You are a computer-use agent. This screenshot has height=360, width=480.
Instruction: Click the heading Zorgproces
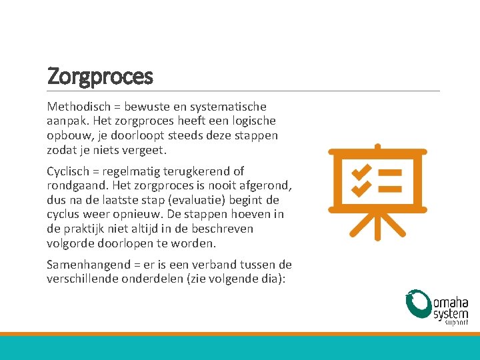click(x=100, y=76)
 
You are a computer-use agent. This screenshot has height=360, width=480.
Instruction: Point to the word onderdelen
click(x=151, y=279)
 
